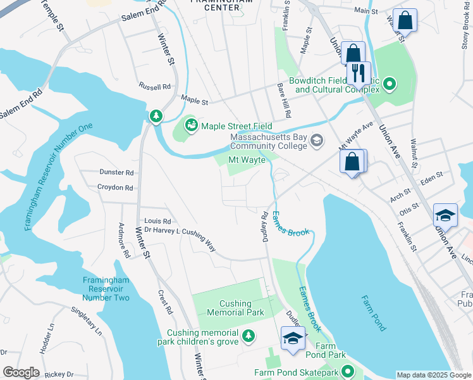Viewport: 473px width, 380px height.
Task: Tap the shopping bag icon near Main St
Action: [x=404, y=20]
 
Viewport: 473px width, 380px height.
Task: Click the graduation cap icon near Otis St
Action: [x=445, y=215]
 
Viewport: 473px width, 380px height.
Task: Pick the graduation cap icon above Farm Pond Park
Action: [x=293, y=338]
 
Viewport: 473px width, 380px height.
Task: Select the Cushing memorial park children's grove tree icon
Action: [x=249, y=335]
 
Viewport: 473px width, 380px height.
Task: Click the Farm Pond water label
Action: [x=374, y=313]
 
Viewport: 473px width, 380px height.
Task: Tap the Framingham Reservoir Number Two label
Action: [x=106, y=289]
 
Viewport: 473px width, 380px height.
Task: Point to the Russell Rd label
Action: [x=155, y=87]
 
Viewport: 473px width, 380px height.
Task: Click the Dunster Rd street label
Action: [x=116, y=172]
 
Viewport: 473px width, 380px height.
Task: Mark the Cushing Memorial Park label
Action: [x=235, y=308]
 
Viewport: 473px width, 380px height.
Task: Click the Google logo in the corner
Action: [x=21, y=372]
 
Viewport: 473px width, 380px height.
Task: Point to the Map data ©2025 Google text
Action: [x=433, y=375]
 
